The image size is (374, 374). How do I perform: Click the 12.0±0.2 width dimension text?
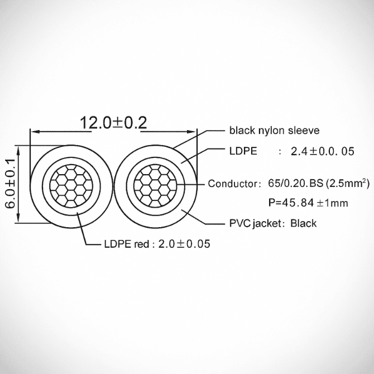coord(113,123)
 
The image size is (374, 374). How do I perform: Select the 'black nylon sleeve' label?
coord(274,131)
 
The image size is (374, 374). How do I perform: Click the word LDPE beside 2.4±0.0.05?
coord(243,151)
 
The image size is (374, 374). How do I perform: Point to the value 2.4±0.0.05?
coord(323,151)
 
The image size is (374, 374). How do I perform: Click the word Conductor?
coord(233,184)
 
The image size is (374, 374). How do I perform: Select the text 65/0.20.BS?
coord(296,183)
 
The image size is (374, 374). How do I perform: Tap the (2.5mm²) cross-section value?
coord(348,183)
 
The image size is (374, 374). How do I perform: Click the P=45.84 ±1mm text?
coord(308,203)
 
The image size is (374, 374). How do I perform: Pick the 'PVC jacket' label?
coord(256,223)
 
